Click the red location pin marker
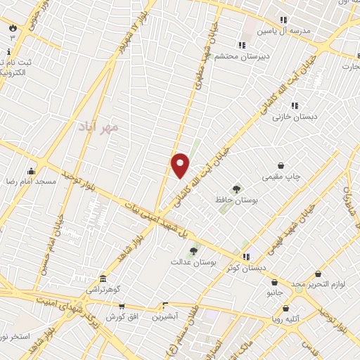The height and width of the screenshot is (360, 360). tap(180, 165)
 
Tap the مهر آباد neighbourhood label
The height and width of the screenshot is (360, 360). tap(101, 127)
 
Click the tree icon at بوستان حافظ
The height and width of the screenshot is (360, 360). tap(236, 188)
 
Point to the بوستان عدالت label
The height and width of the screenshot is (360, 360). tap(192, 262)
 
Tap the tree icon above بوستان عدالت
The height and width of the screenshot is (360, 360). tap(193, 250)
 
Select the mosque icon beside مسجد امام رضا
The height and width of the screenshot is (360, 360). tap(31, 170)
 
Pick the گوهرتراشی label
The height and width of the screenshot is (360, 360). tap(103, 290)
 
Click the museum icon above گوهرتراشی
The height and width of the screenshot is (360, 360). tap(103, 278)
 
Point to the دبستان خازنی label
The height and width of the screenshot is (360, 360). tap(295, 116)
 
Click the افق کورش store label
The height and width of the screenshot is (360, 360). tap(120, 317)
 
